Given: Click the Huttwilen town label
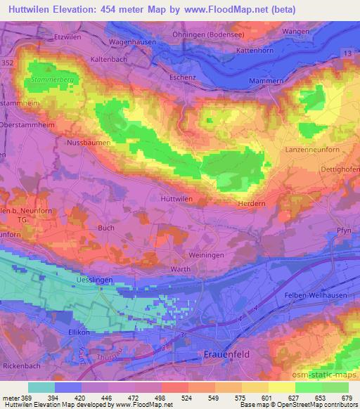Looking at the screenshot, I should pyautogui.click(x=176, y=199).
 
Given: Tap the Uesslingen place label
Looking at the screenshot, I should pyautogui.click(x=93, y=280).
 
